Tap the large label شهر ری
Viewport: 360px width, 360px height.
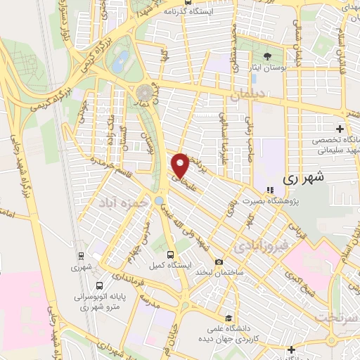306,179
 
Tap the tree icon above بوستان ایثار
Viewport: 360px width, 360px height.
266,57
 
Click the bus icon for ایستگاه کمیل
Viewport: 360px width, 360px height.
170,255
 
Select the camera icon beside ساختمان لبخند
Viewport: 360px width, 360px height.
219,262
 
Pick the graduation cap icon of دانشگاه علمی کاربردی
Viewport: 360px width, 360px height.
227,317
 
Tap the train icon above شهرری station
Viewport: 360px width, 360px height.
81,256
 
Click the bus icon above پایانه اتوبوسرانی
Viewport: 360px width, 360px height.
100,286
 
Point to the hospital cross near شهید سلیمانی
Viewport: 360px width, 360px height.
340,129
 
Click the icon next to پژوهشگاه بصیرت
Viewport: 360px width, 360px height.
269,189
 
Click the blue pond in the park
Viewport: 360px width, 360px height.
122,58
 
